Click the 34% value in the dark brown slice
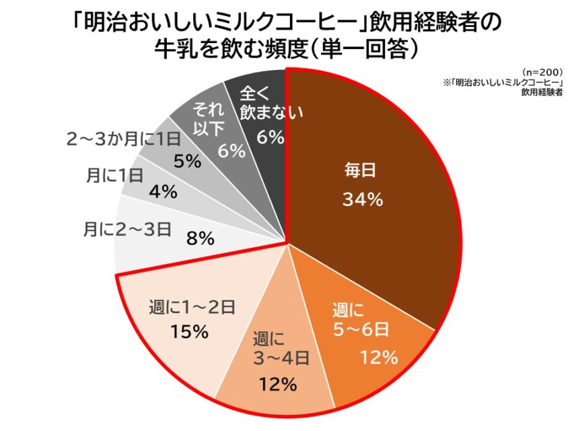point(363,199)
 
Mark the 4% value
point(164,192)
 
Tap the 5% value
point(188,161)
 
